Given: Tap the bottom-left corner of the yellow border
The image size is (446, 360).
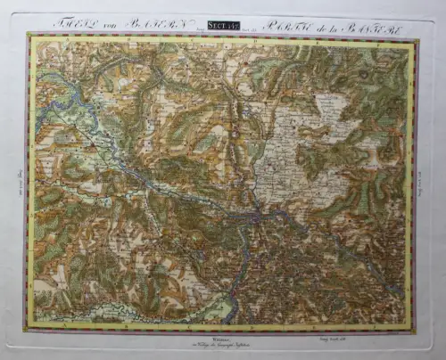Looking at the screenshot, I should coord(29,325).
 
